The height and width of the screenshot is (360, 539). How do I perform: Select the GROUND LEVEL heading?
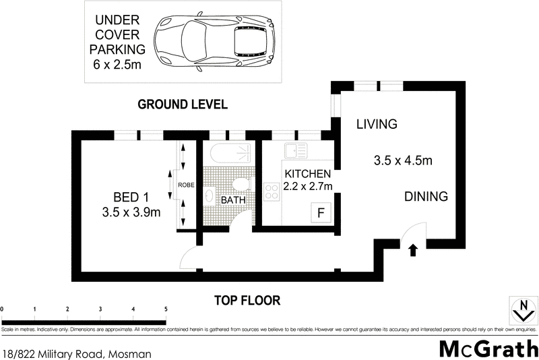tap(182, 104)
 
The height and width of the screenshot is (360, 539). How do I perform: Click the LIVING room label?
tap(377, 124)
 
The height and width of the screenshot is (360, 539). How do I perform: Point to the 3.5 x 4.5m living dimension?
tap(402, 161)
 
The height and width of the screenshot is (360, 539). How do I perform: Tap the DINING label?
tap(426, 197)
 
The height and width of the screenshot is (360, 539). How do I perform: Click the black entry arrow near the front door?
tap(413, 251)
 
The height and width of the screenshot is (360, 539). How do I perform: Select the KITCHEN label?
tap(308, 173)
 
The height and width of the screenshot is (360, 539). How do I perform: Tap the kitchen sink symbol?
tap(295, 150)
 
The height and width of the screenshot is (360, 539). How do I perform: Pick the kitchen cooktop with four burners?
tap(272, 192)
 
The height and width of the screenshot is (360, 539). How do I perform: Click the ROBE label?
tap(186, 184)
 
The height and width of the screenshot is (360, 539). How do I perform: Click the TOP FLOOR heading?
tap(247, 301)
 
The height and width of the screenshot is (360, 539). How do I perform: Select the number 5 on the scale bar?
tap(165, 309)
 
